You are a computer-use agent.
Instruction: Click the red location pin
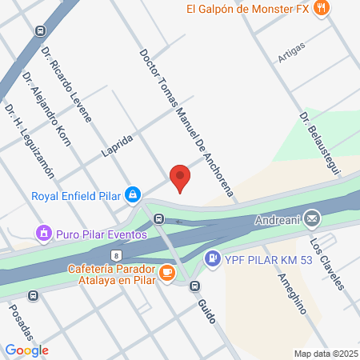tap(180, 177)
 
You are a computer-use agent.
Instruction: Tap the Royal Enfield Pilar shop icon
tap(133, 194)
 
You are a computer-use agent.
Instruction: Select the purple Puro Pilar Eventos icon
tap(43, 234)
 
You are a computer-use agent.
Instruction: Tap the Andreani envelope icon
tap(312, 218)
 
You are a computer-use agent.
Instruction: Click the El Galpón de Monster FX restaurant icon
tap(321, 10)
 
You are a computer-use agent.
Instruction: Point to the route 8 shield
tap(117, 254)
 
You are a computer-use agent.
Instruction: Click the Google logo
tap(26, 350)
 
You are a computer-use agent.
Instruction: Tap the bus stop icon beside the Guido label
tap(194, 286)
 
